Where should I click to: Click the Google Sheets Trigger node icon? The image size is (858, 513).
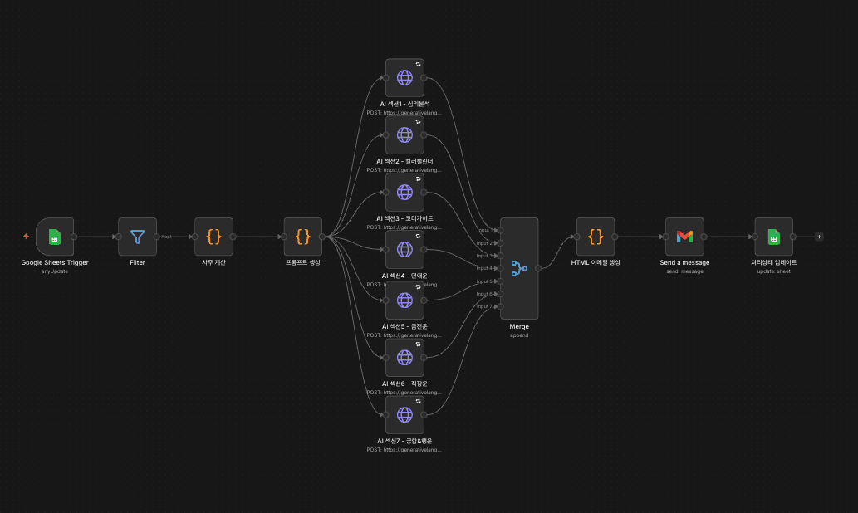click(x=55, y=237)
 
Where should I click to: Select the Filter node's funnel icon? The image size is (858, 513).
click(x=137, y=237)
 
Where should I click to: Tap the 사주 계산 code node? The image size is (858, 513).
click(x=213, y=237)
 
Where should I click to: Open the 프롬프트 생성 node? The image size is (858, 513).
click(x=303, y=237)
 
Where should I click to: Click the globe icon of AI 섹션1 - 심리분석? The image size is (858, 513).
click(x=404, y=77)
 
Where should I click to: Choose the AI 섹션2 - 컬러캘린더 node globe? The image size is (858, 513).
click(x=404, y=134)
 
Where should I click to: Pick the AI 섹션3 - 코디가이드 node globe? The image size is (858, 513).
click(x=404, y=192)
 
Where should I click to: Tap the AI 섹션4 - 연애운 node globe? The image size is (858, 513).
click(x=404, y=249)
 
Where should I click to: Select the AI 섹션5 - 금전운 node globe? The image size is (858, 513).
click(x=404, y=300)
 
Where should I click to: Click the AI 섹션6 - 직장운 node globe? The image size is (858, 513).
click(x=404, y=357)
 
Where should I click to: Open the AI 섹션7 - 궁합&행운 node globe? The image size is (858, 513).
click(x=404, y=414)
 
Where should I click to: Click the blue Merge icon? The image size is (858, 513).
click(x=519, y=268)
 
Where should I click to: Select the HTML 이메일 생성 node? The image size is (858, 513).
click(x=596, y=237)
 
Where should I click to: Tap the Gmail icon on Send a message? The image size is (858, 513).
click(x=684, y=237)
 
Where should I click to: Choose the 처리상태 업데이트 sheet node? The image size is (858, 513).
click(x=773, y=237)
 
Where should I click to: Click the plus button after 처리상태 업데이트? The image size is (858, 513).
click(x=819, y=237)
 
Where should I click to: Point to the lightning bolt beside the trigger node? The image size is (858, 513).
click(x=27, y=237)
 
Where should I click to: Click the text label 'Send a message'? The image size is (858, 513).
click(x=684, y=262)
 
